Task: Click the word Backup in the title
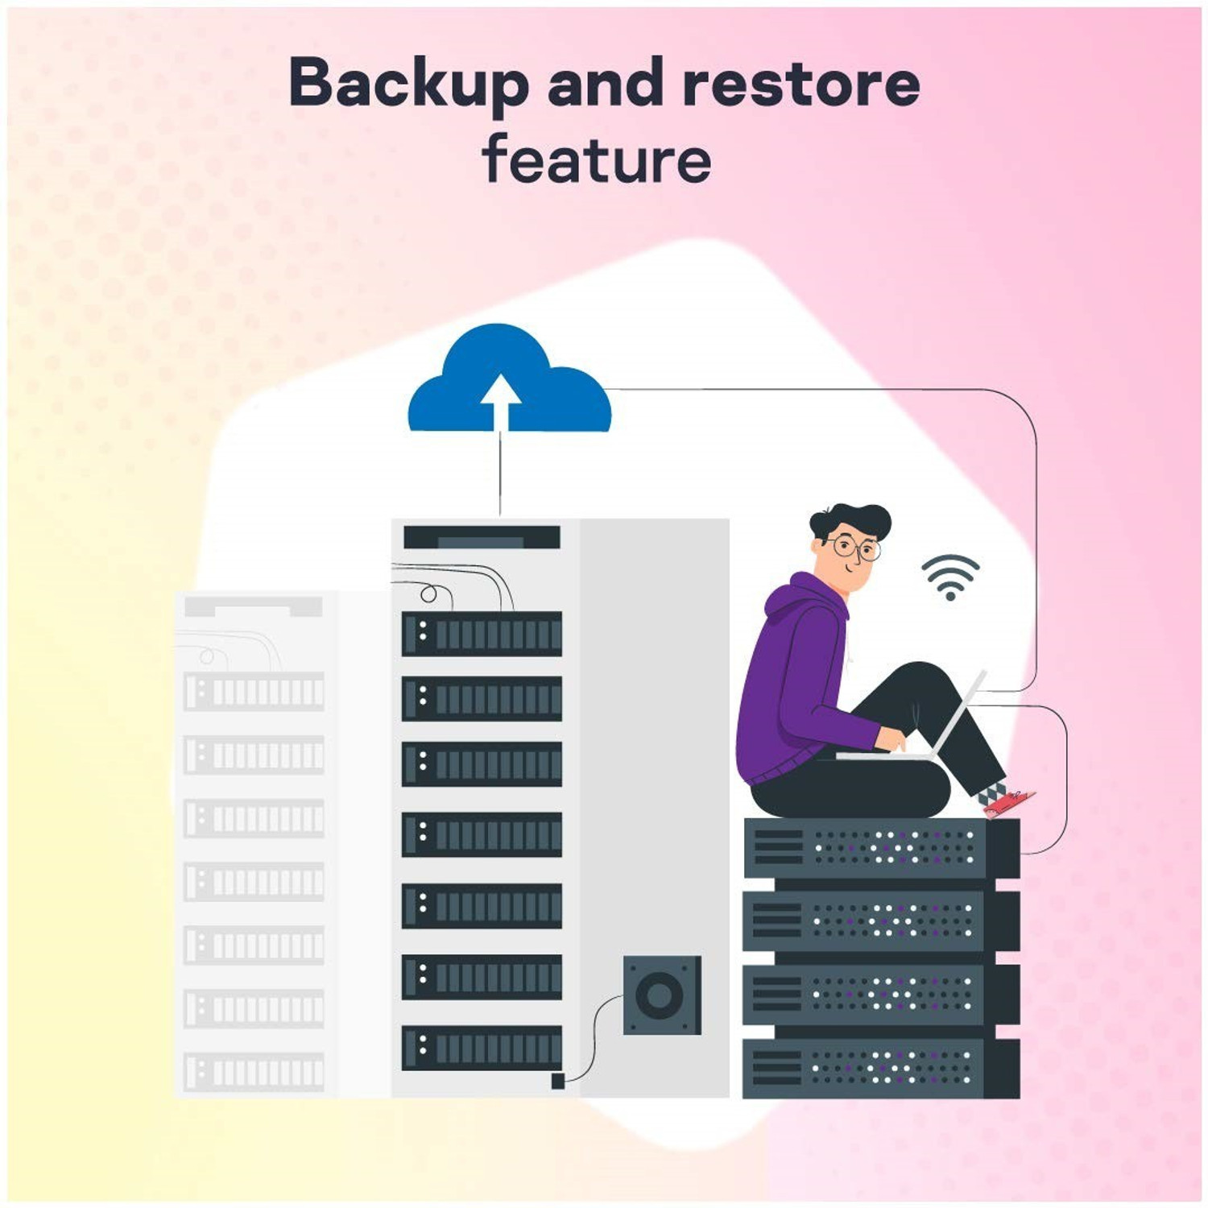(x=407, y=84)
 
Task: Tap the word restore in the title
(x=801, y=84)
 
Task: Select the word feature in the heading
(x=597, y=159)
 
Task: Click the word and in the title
(x=610, y=84)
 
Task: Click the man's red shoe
(x=1007, y=801)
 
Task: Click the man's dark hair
(x=850, y=519)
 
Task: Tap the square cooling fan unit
(x=662, y=995)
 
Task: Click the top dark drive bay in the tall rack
(x=482, y=634)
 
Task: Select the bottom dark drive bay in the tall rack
(x=482, y=1047)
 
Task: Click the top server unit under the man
(x=879, y=848)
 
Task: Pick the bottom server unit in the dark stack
(x=879, y=1068)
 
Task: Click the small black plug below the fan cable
(x=557, y=1081)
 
